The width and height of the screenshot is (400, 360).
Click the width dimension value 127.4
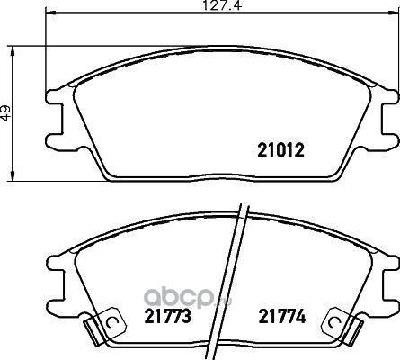[x=222, y=5]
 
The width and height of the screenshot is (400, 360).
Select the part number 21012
[x=280, y=150]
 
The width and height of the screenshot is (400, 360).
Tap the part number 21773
[x=167, y=316]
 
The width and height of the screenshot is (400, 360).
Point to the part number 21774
[x=282, y=316]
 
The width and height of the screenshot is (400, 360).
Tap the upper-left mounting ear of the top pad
[x=55, y=96]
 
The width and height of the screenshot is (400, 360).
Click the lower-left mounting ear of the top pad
[x=55, y=140]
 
